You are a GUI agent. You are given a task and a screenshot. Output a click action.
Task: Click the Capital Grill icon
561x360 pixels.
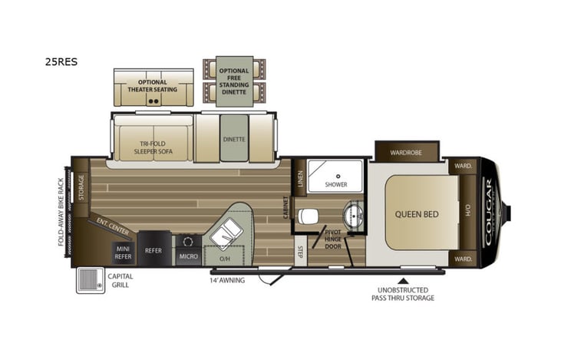point(90,279)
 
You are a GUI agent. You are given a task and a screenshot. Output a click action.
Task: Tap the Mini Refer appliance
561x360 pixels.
point(124,252)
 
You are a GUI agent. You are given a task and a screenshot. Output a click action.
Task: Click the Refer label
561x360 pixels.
point(153,250)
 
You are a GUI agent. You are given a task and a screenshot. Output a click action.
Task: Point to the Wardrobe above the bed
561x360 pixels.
point(406,152)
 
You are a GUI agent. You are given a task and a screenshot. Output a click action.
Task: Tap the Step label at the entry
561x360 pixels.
point(301,253)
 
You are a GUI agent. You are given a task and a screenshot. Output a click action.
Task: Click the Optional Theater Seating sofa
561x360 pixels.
point(153,88)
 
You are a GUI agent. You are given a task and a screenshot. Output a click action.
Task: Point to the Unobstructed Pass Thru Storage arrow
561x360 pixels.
point(403,280)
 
